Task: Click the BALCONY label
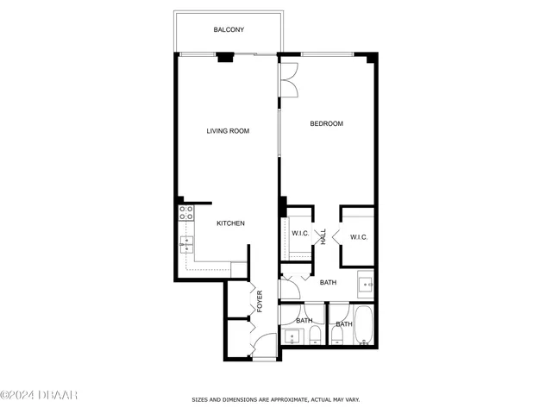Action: [229, 30]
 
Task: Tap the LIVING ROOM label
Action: [228, 131]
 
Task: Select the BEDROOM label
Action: [327, 124]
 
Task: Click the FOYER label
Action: [260, 302]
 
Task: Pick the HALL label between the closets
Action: [323, 236]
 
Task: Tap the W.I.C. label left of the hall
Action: [300, 234]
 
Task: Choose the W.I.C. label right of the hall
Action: [359, 237]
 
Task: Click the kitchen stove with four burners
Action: [185, 212]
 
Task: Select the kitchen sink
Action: [185, 245]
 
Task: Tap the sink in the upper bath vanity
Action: [365, 283]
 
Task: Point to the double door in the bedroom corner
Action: [289, 78]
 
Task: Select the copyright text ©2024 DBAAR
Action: [39, 395]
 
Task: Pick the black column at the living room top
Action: [225, 58]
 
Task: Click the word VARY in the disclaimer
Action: [352, 399]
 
